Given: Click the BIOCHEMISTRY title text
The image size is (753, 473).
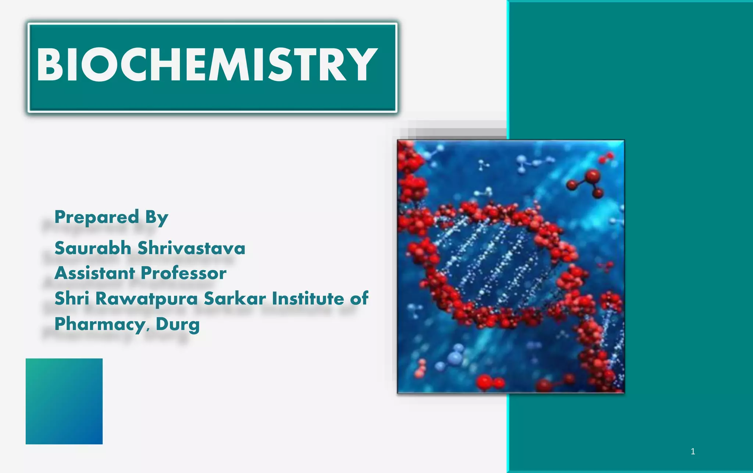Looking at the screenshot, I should click(207, 65).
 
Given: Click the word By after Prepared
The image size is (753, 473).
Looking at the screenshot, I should click(157, 218).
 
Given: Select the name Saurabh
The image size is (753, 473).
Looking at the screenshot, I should click(93, 248).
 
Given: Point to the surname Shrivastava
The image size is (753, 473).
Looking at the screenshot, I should click(191, 248).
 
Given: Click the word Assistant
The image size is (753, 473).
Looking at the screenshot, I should click(95, 273).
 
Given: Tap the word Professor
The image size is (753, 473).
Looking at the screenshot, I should click(183, 273).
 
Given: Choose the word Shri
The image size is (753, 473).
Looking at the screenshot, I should click(72, 298).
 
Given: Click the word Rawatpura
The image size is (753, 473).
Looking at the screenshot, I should click(147, 299).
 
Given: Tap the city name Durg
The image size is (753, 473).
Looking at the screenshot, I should click(178, 325).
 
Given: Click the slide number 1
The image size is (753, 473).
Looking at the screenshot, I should click(693, 451).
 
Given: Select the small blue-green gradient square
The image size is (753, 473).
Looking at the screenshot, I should click(64, 401).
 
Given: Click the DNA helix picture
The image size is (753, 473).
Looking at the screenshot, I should click(511, 266).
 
